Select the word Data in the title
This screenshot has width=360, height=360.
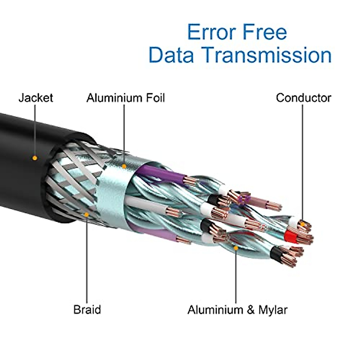coord(171,55)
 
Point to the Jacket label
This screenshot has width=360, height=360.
coord(36,98)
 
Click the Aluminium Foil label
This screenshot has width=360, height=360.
coord(125,98)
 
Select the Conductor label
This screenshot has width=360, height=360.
coord(304,98)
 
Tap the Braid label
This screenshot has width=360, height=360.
coord(87,310)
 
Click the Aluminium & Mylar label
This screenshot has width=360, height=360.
coord(237,310)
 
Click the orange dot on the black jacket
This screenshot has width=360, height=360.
coord(35,158)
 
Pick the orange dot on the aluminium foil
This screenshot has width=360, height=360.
coord(124,166)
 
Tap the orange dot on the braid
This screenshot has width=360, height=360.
coord(86,215)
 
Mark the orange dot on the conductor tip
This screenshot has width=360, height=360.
coord(303,224)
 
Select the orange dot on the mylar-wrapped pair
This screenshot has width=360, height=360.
coord(236,248)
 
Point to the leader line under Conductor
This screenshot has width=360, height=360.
coord(303,163)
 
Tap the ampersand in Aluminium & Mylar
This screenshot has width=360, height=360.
coord(251,310)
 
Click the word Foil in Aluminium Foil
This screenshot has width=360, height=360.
coord(155,98)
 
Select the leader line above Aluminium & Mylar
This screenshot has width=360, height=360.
coord(236,277)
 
